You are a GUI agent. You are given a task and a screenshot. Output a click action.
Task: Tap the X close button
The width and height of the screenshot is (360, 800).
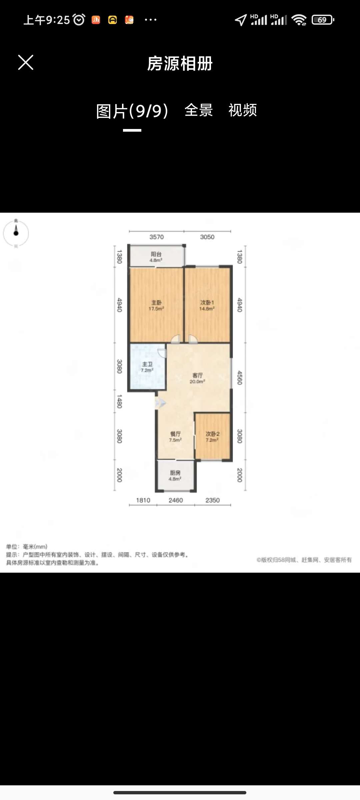pyautogui.click(x=26, y=63)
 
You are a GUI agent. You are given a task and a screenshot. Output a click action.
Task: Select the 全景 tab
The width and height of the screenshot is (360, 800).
pyautogui.click(x=199, y=110)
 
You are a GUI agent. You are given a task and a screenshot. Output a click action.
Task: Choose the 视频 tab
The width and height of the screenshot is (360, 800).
pyautogui.click(x=243, y=110)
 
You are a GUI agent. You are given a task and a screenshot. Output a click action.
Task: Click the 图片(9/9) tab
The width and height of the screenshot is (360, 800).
pyautogui.click(x=132, y=111)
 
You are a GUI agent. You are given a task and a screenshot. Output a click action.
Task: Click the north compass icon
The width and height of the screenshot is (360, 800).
pyautogui.click(x=16, y=233)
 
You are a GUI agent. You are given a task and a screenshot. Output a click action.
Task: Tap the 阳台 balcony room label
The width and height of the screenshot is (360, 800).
pyautogui.click(x=156, y=257)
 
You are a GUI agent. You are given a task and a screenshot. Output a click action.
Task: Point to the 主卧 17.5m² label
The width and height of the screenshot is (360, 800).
pyautogui.click(x=156, y=305)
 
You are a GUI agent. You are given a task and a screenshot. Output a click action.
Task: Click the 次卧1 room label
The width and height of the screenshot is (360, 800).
pyautogui.click(x=207, y=305)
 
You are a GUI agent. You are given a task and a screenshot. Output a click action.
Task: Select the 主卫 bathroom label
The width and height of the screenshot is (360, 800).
pyautogui.click(x=147, y=367)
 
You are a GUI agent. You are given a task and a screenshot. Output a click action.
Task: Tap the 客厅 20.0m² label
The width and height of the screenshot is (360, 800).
pyautogui.click(x=197, y=378)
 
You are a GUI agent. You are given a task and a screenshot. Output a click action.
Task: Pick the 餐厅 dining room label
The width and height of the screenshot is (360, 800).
pyautogui.click(x=175, y=437)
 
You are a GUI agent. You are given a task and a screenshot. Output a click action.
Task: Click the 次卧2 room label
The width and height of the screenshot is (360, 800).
pyautogui.click(x=212, y=437)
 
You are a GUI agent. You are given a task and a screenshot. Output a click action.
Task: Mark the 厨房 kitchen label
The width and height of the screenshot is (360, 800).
pyautogui.click(x=175, y=476)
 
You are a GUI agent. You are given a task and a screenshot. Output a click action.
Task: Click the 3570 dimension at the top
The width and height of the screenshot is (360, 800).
pyautogui.click(x=156, y=237)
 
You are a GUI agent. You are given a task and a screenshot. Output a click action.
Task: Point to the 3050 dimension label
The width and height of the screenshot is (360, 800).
pyautogui.click(x=207, y=237)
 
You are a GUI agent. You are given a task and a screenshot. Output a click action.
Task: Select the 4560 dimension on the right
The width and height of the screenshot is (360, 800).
pyautogui.click(x=239, y=378)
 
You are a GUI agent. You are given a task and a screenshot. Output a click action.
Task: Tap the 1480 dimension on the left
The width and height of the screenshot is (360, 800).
pyautogui.click(x=119, y=401)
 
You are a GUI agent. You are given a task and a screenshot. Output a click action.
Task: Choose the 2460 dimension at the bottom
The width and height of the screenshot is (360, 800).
pyautogui.click(x=176, y=500)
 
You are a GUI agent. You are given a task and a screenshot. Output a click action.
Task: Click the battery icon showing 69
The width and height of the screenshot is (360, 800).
pyautogui.click(x=323, y=20)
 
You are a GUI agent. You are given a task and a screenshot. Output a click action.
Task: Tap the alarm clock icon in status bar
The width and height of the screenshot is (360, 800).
pyautogui.click(x=79, y=20)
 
